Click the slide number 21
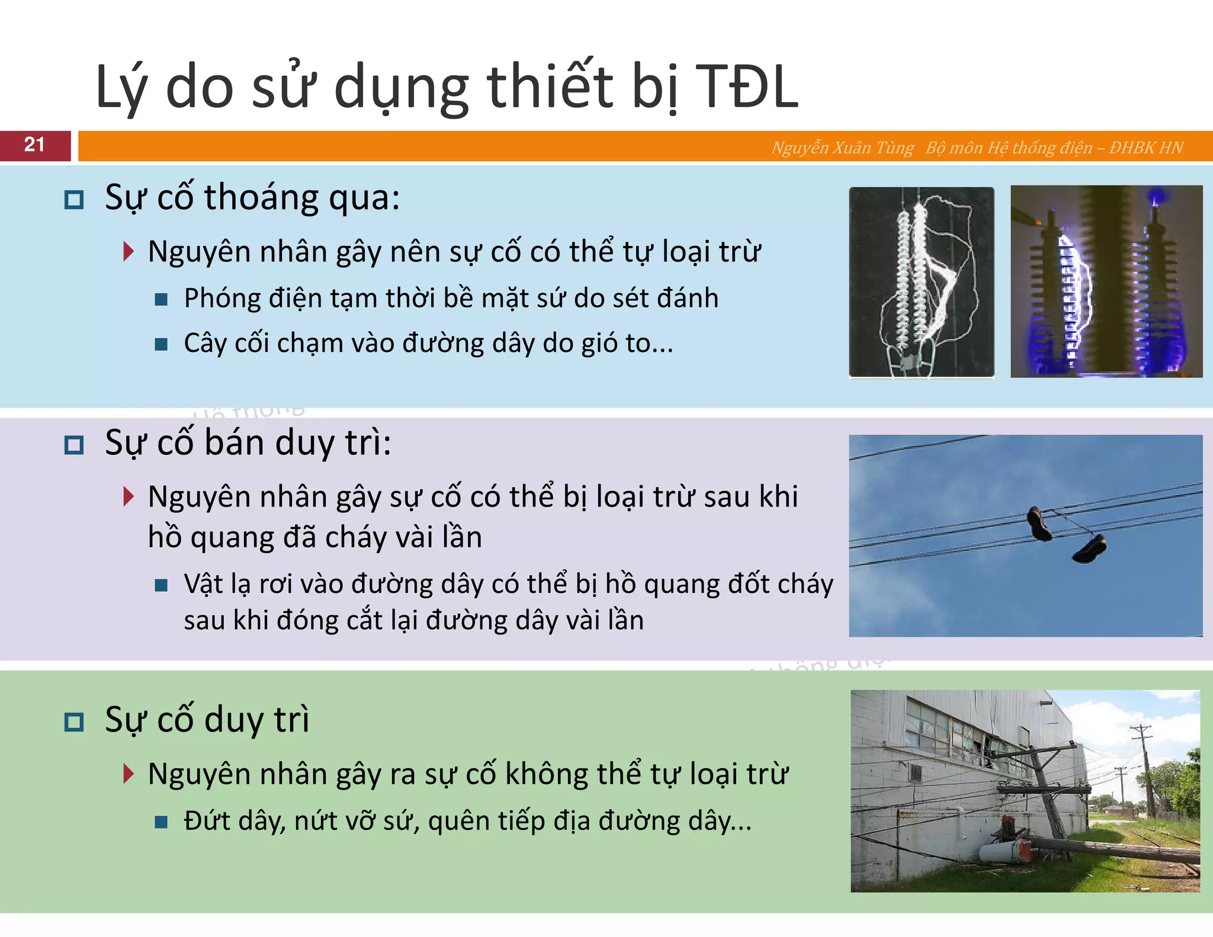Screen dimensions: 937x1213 [34, 145]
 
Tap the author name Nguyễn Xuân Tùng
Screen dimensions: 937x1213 [842, 147]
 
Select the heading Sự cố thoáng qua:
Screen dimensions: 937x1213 [252, 197]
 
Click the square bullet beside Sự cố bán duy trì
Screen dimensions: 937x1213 [74, 445]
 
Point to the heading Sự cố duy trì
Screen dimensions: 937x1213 [207, 720]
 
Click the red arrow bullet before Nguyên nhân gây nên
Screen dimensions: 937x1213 [128, 252]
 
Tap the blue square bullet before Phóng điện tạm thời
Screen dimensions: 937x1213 [161, 299]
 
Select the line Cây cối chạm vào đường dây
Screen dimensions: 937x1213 [428, 344]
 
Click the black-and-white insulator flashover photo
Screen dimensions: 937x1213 [921, 282]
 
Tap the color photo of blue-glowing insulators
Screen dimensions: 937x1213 [1106, 282]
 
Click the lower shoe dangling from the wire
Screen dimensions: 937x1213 [1090, 548]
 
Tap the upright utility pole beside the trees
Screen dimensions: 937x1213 [1145, 770]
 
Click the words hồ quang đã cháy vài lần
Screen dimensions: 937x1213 [315, 538]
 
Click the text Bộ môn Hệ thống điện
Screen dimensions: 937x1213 [1009, 147]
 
